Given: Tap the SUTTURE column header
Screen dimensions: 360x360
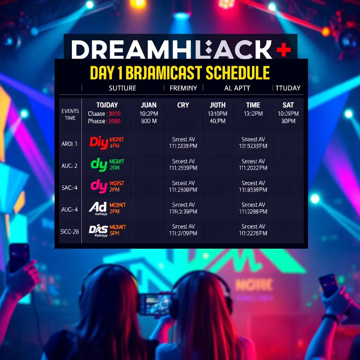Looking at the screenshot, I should point(122,88).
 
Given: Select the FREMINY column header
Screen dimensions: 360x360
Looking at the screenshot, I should point(183,88).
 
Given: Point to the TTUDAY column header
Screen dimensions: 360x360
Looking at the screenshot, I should point(288,88).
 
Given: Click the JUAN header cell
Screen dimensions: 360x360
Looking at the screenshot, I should point(149,105).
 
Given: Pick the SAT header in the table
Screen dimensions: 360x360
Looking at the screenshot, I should point(288,105).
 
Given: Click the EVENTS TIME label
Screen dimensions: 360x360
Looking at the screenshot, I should point(70,115).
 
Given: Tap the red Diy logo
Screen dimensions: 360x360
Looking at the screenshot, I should point(98,142).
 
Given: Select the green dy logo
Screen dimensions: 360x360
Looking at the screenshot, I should point(99,165).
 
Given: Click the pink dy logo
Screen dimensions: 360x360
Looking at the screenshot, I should point(99,186).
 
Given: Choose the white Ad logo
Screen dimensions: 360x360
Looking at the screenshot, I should point(98,208).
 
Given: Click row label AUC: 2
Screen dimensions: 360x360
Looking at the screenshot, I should point(69,166).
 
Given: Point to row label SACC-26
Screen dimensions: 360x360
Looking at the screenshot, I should point(69,231).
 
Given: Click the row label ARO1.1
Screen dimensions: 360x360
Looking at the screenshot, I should point(69,144).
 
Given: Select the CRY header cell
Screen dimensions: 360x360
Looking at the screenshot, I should point(183,105).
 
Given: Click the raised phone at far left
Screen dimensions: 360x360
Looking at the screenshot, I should point(19,257).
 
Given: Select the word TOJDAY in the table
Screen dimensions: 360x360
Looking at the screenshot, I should point(107,105).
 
